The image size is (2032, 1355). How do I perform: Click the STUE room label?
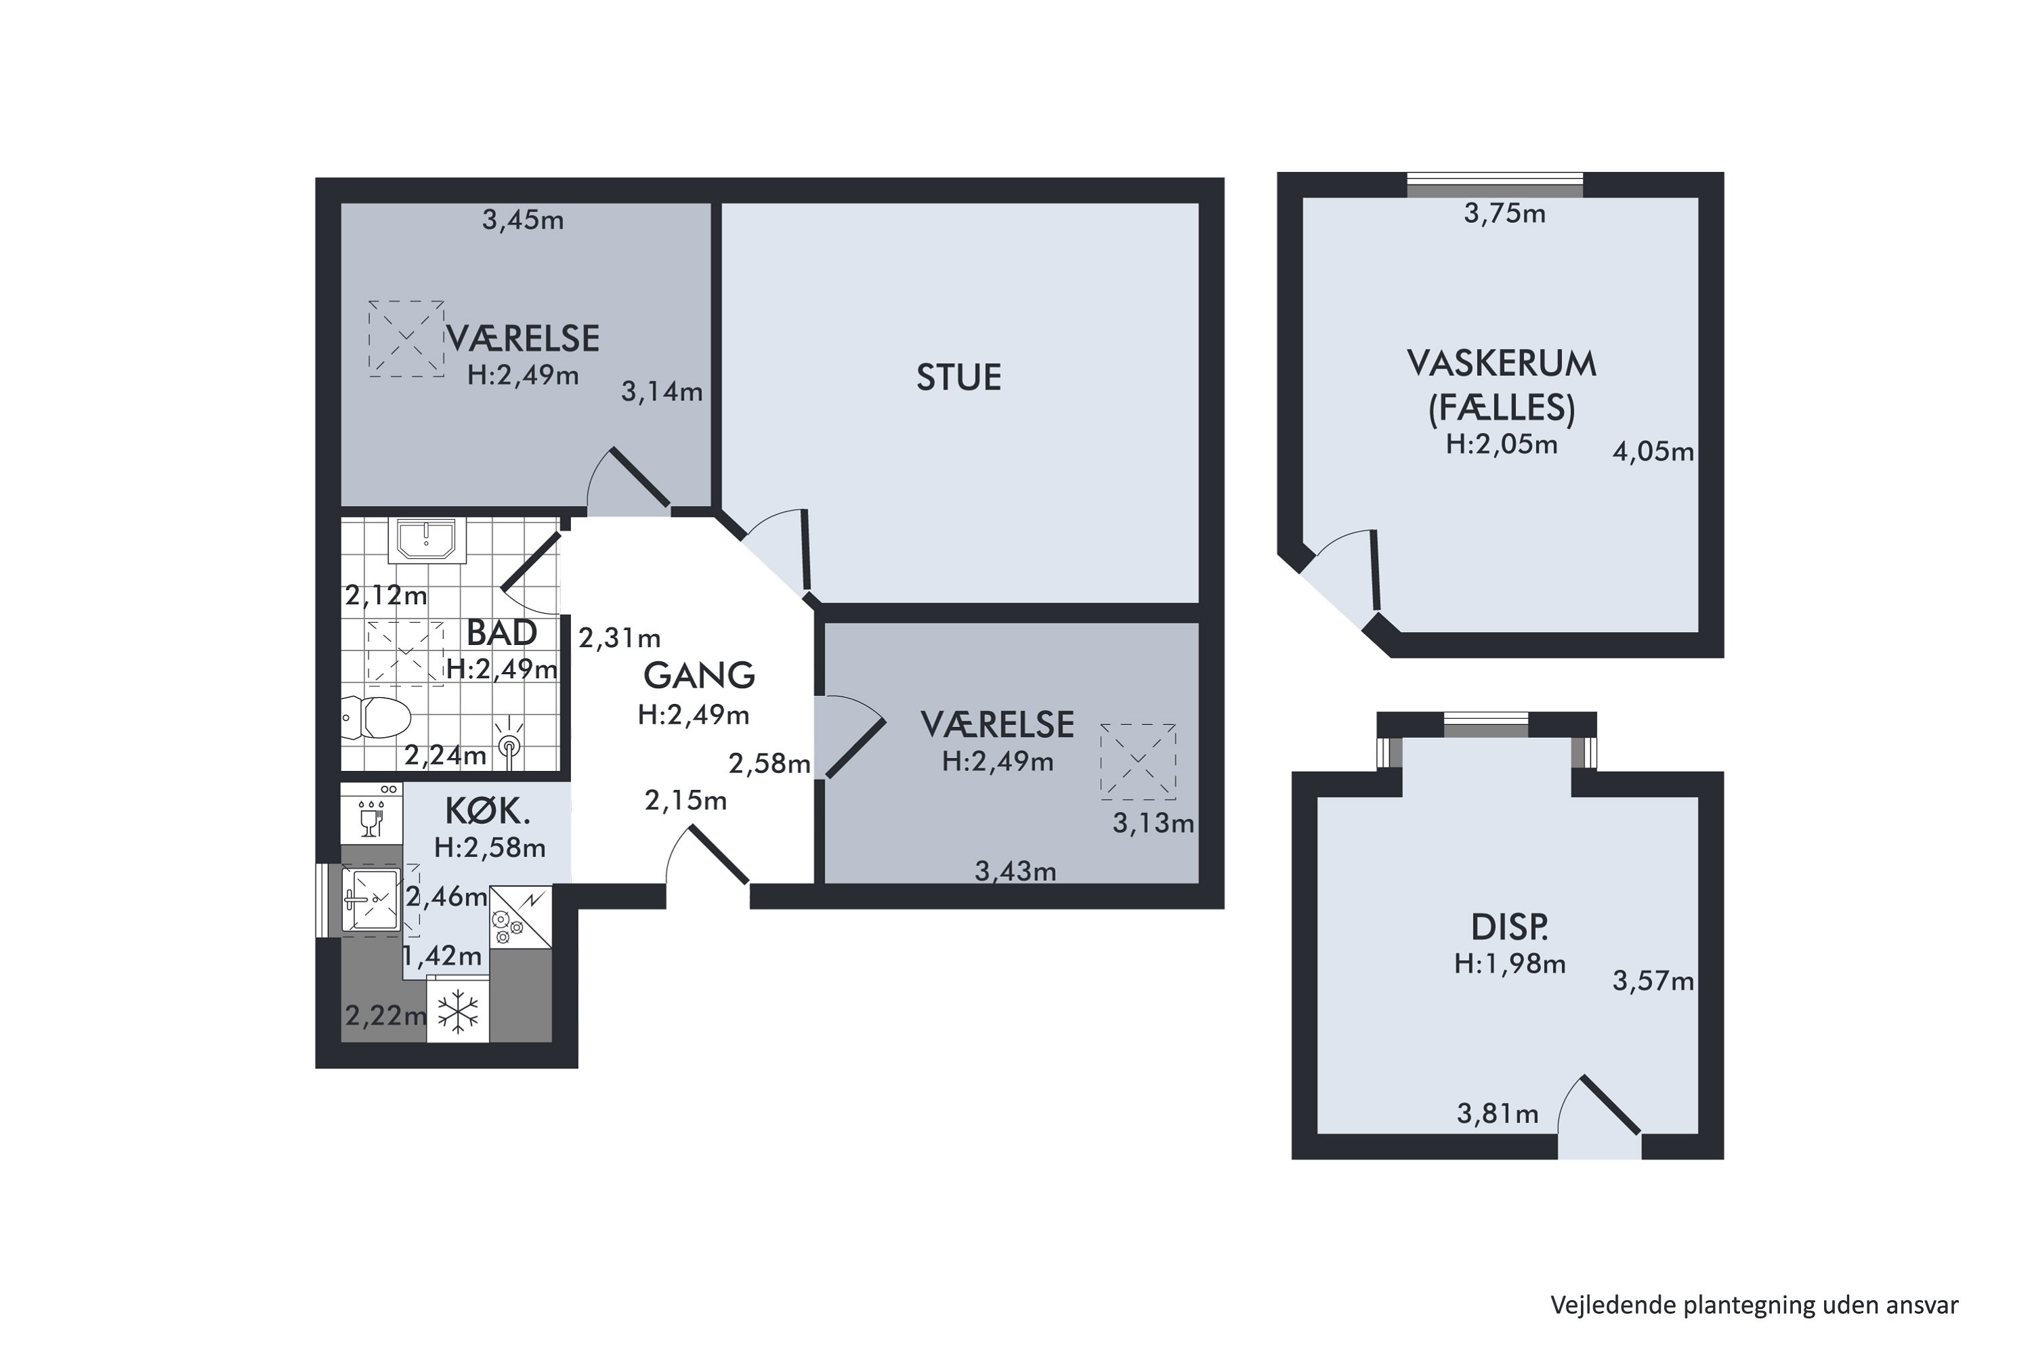tap(958, 377)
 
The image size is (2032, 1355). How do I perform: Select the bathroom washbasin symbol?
tap(426, 539)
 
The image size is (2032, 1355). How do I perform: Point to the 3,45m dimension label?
tap(523, 220)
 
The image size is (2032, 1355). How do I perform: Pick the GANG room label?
tap(699, 675)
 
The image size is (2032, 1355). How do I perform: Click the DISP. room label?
tap(1509, 927)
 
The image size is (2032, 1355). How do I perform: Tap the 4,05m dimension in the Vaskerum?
tap(1653, 452)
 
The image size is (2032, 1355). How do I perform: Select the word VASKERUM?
tap(1502, 364)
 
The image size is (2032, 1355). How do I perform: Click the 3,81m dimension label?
tap(1497, 1114)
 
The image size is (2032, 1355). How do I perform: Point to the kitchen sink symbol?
tap(371, 900)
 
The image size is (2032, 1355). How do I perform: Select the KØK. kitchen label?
tap(487, 812)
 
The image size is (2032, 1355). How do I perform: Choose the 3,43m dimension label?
tap(1015, 871)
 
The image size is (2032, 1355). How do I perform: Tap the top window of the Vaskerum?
tap(1496, 185)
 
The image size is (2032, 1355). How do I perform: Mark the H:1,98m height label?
tap(1509, 963)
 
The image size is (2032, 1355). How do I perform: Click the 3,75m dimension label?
tap(1504, 213)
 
